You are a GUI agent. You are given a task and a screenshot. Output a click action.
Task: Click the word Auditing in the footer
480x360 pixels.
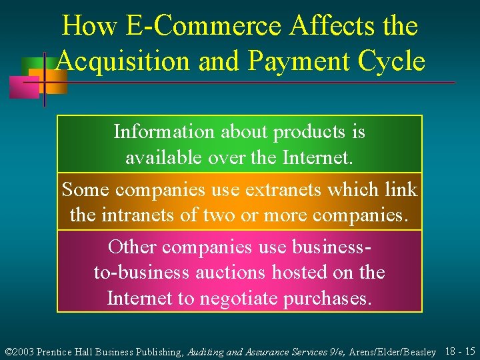click(206, 351)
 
